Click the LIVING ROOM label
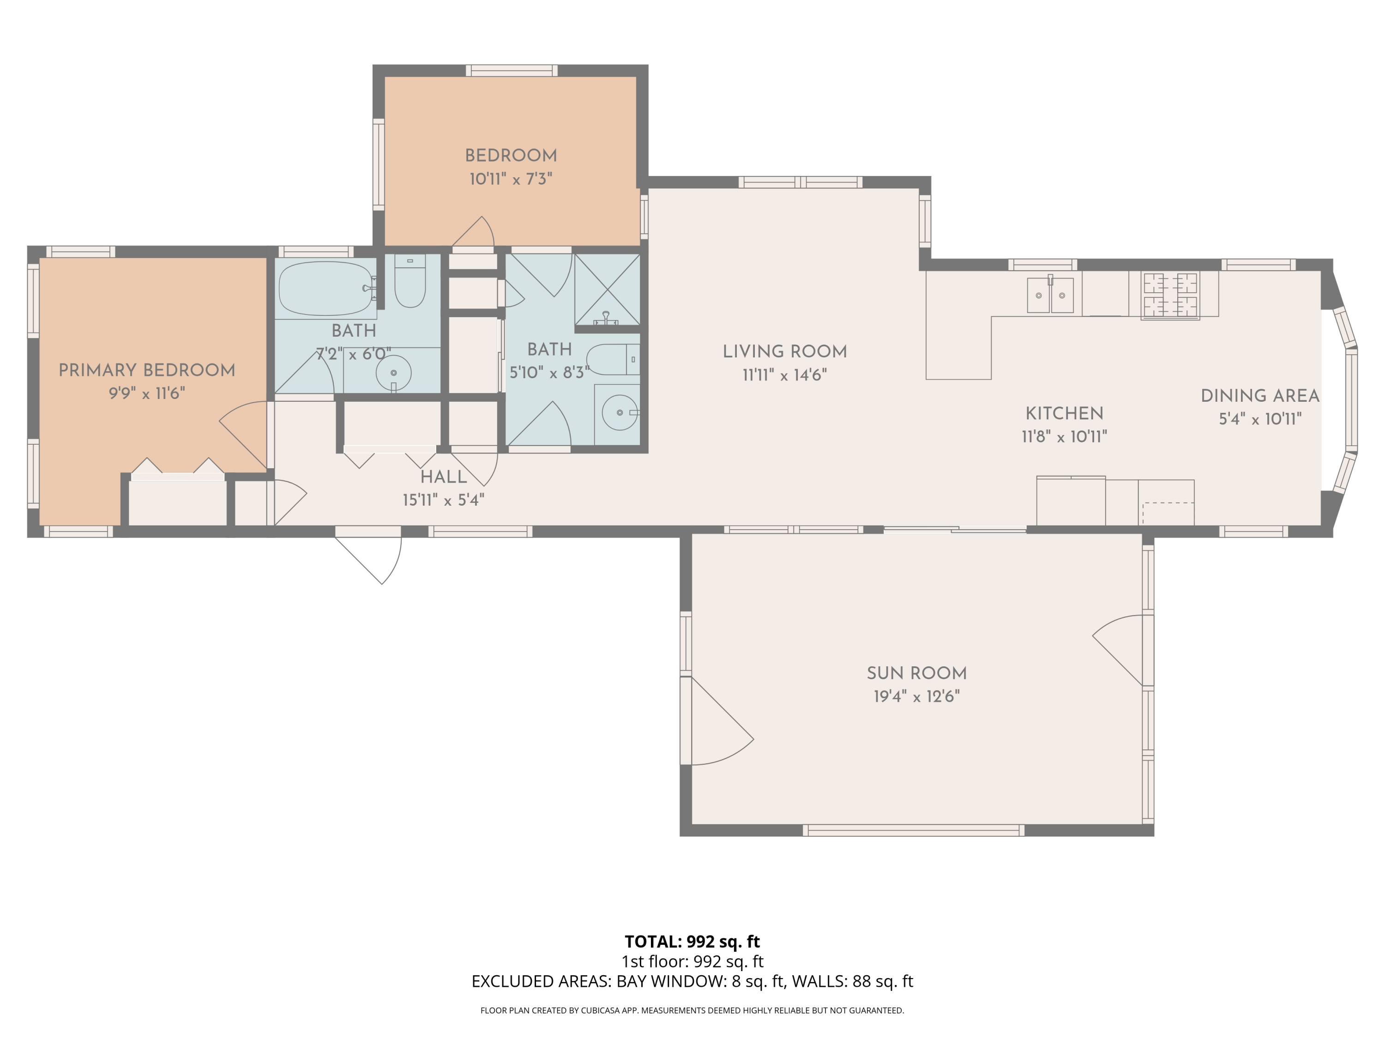pyautogui.click(x=784, y=351)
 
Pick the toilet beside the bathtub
pyautogui.click(x=410, y=283)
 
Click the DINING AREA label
pyautogui.click(x=1260, y=396)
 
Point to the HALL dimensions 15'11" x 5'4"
pyautogui.click(x=443, y=500)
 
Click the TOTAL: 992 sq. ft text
pyautogui.click(x=692, y=941)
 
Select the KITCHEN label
pyautogui.click(x=1064, y=413)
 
